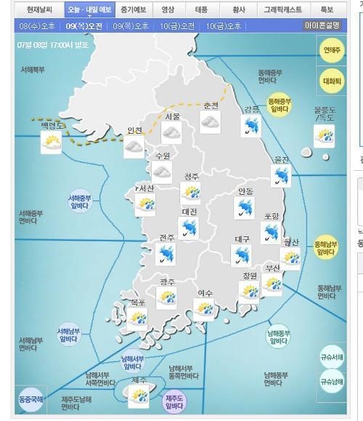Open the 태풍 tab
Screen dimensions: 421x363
pos(201,10)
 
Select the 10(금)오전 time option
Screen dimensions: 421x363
pos(179,25)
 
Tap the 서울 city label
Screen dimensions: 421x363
pos(172,116)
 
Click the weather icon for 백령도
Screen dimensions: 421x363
pos(52,143)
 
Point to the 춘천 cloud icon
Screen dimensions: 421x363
pos(211,123)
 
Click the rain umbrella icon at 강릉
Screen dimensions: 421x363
pos(252,127)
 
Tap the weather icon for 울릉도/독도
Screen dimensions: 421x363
pos(324,135)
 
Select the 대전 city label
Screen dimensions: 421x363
pos(189,212)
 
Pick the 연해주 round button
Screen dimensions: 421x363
pos(333,50)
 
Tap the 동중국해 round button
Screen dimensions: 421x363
pos(31,399)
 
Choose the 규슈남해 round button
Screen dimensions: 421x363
pos(333,381)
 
